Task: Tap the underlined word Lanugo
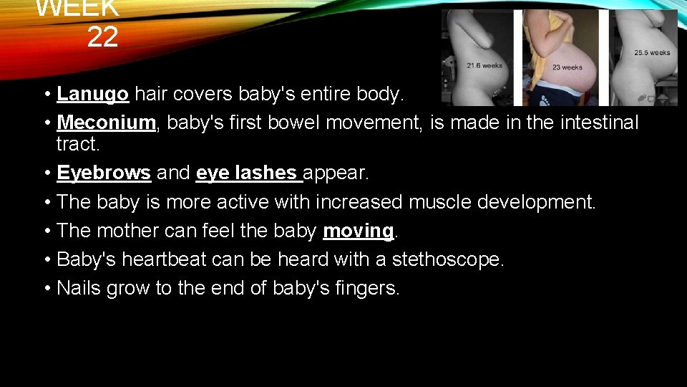[x=93, y=94]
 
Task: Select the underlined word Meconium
[x=106, y=123]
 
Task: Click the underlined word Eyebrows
[x=103, y=173]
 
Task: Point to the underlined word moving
[x=358, y=231]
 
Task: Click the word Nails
[x=78, y=288]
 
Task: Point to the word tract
[x=78, y=144]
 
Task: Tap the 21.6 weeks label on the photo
[x=484, y=65]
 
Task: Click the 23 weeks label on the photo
[x=567, y=67]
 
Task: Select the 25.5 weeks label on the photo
[x=652, y=52]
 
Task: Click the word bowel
[x=303, y=123]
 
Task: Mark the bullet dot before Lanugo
[x=46, y=95]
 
